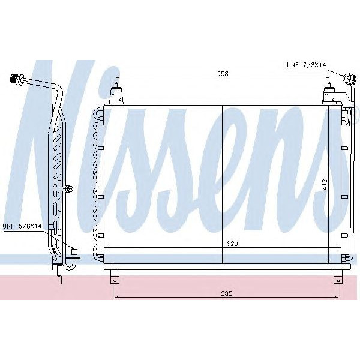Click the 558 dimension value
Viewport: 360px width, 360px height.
(222, 73)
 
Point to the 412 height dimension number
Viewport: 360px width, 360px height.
(325, 185)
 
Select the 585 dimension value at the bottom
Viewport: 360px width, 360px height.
(226, 293)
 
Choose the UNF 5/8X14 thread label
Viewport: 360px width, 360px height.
(22, 226)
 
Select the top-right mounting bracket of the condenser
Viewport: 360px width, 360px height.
(329, 95)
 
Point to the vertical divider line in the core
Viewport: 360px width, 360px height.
(223, 183)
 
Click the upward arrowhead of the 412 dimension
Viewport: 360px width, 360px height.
(329, 109)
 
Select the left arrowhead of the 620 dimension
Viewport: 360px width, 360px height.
(107, 248)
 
